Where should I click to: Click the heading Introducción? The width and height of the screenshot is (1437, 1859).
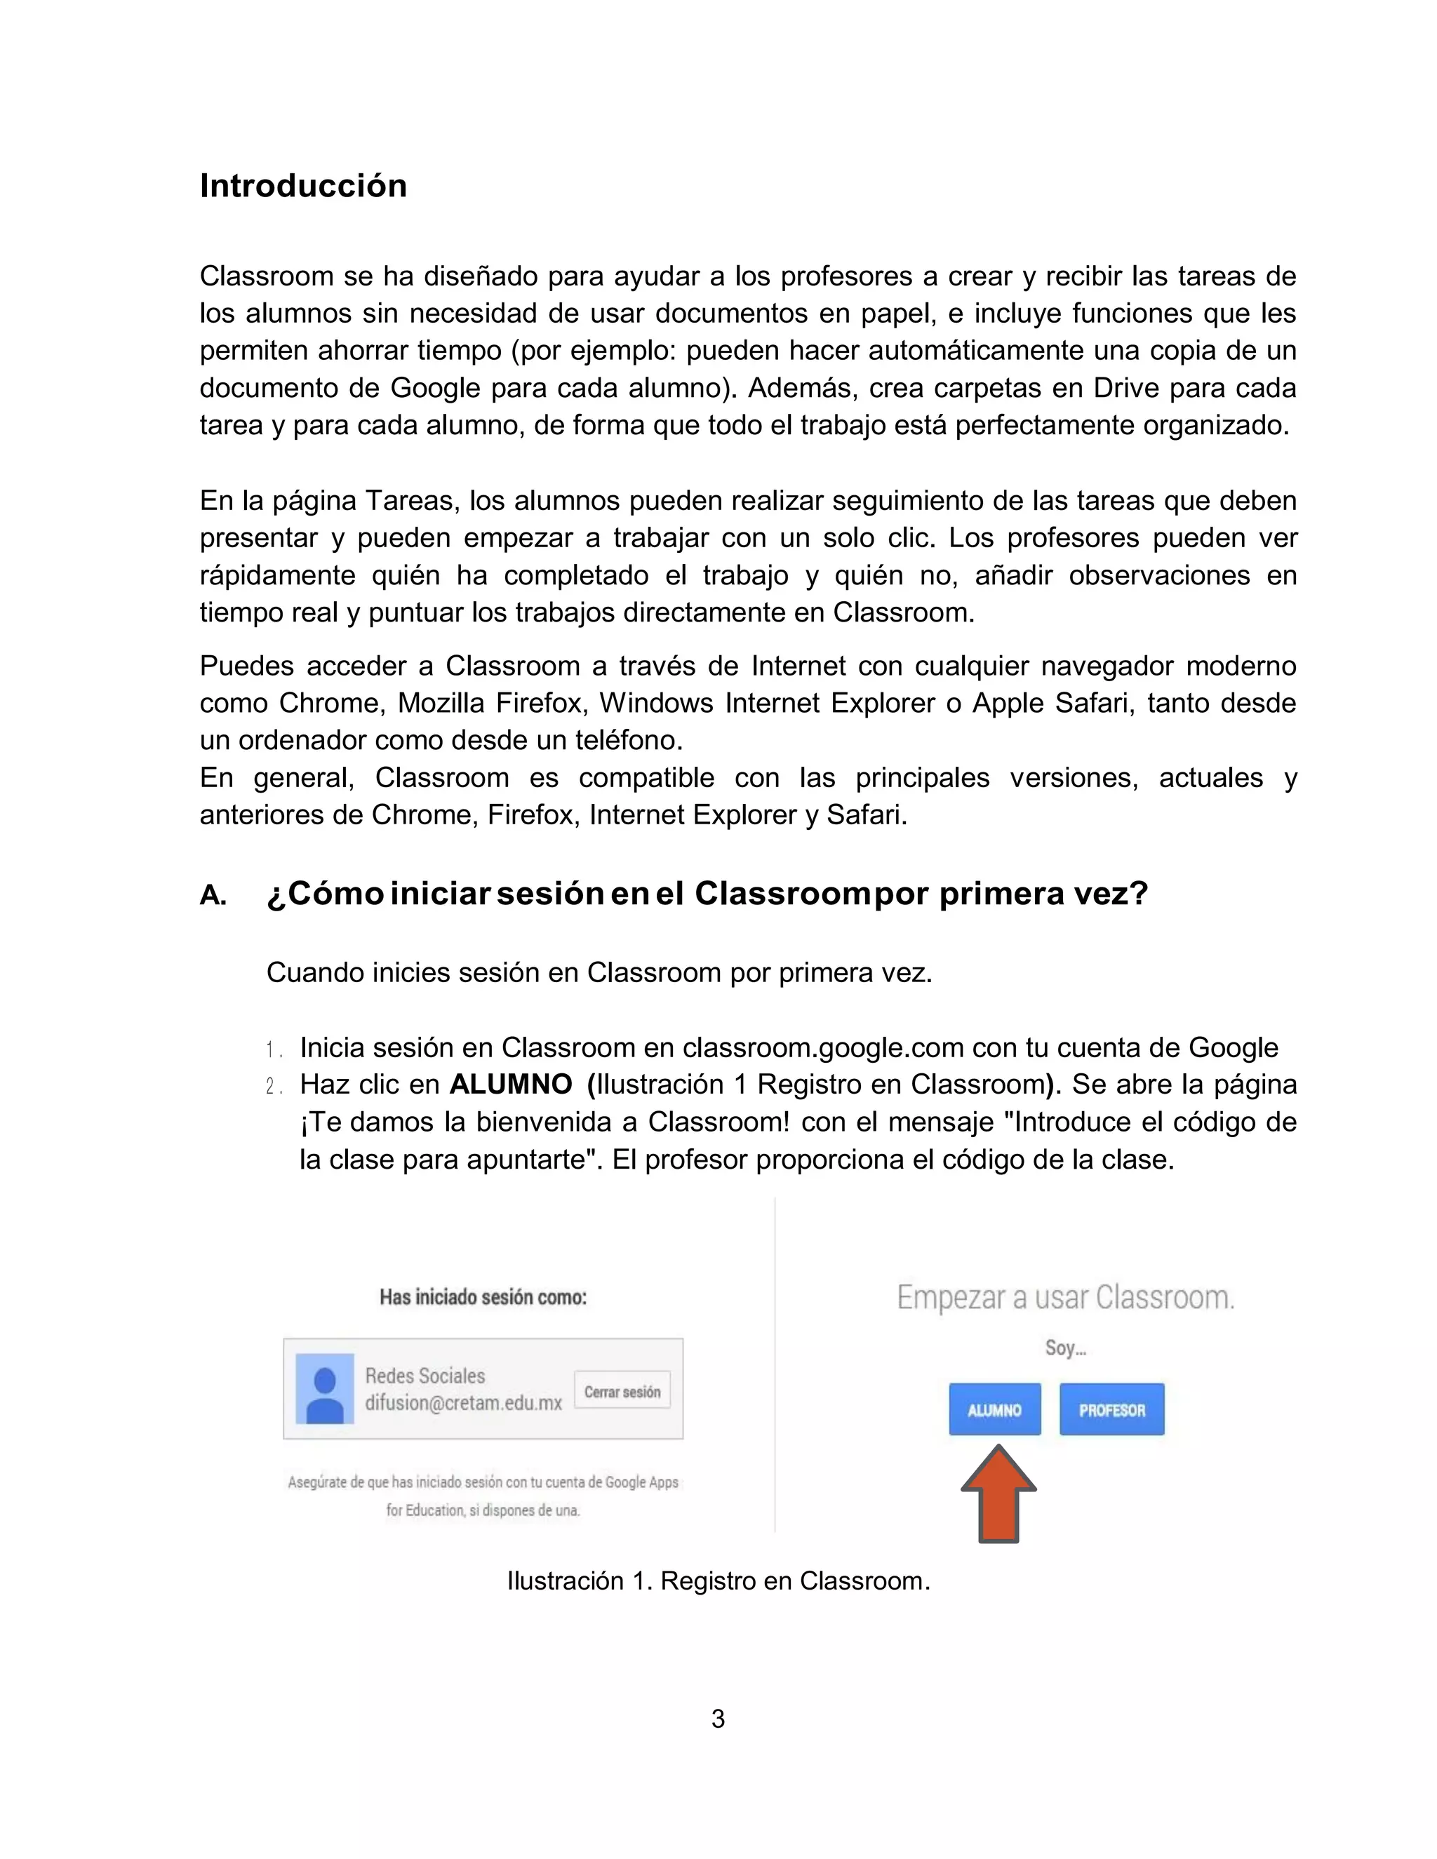(x=303, y=186)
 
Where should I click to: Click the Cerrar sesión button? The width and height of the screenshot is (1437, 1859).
(x=622, y=1392)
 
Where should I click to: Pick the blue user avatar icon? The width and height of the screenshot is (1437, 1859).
(x=324, y=1388)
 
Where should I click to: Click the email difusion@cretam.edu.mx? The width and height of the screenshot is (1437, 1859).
(x=463, y=1404)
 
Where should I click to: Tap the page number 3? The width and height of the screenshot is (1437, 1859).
(x=718, y=1719)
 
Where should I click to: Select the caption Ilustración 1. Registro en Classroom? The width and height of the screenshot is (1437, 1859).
(x=718, y=1581)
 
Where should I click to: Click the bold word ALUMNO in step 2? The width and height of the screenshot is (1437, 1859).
(x=510, y=1085)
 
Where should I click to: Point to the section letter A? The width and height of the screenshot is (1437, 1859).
(x=213, y=895)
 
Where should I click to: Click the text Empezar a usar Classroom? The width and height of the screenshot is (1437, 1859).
(x=1066, y=1297)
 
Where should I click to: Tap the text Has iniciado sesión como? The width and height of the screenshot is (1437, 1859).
(x=483, y=1297)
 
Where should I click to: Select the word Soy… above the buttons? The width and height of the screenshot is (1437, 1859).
(x=1065, y=1348)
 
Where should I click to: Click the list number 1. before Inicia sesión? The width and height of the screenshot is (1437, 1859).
(x=273, y=1049)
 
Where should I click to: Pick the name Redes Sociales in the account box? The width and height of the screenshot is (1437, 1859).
(x=425, y=1376)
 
